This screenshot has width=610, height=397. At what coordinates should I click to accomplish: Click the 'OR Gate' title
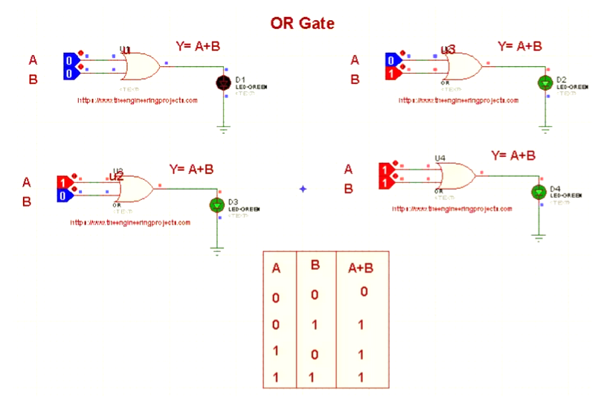[x=302, y=23]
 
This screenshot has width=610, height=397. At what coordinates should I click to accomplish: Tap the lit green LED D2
[x=545, y=83]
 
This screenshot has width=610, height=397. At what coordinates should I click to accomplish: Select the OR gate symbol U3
[x=462, y=66]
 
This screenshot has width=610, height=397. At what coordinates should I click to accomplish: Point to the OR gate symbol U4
[x=457, y=177]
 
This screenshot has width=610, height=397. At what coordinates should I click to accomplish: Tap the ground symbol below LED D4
[x=538, y=237]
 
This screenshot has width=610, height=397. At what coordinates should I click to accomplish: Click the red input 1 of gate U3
[x=392, y=73]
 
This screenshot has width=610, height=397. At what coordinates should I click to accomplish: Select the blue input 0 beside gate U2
[x=65, y=195]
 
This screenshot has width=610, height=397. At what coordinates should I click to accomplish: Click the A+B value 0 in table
[x=363, y=291]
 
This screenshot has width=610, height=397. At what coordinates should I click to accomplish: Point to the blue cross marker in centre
[x=303, y=189]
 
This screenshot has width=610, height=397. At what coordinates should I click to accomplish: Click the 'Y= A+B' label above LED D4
[x=513, y=155]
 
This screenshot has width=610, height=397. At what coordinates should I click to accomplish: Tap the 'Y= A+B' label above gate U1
[x=197, y=46]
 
